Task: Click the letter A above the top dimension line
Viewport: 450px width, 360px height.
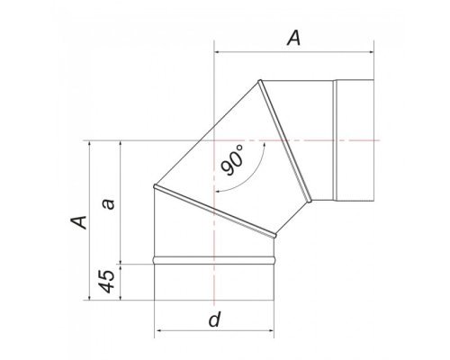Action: [x=293, y=39]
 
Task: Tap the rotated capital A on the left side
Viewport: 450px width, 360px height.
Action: [x=78, y=222]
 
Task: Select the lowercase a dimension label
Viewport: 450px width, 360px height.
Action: [x=109, y=203]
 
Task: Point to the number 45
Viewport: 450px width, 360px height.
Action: [x=107, y=282]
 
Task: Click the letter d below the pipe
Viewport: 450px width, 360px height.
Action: [x=214, y=319]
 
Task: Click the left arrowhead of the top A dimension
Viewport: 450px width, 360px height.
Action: [x=218, y=52]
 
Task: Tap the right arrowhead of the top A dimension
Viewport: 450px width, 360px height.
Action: [x=370, y=52]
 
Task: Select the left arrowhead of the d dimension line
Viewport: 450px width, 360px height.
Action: [x=157, y=330]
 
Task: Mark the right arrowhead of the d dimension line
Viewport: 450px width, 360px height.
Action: [x=271, y=330]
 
